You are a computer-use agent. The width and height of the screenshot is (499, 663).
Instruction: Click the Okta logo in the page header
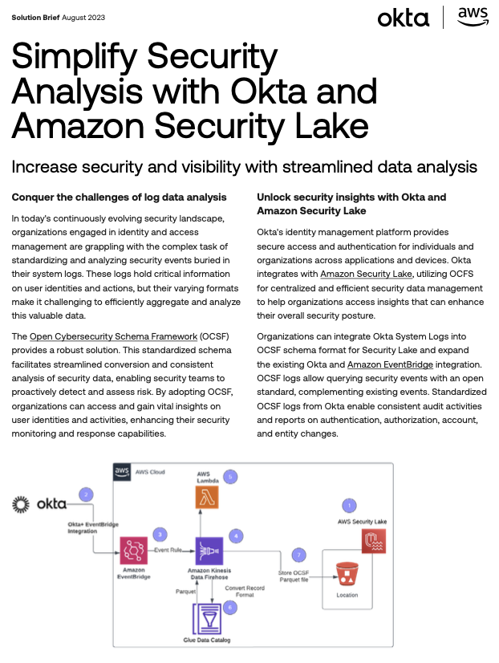click(x=403, y=18)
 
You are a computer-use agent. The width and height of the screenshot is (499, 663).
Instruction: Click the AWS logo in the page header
click(x=473, y=17)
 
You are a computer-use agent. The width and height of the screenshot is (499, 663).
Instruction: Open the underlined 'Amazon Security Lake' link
click(x=367, y=274)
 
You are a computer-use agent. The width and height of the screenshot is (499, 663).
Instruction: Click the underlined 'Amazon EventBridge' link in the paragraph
click(x=387, y=365)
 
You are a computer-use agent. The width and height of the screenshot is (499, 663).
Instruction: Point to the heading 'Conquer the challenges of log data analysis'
click(x=120, y=197)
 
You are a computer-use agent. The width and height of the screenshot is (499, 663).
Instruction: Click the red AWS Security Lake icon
click(x=375, y=543)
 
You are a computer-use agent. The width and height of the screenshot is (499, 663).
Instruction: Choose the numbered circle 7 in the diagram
click(x=299, y=555)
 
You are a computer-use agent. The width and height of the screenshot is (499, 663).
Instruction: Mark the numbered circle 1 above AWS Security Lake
click(x=348, y=505)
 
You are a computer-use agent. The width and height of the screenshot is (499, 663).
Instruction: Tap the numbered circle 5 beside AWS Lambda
click(x=230, y=477)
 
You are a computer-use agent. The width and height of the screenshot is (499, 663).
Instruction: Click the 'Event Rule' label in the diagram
click(x=169, y=550)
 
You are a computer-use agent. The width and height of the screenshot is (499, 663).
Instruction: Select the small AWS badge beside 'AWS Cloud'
click(x=123, y=472)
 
